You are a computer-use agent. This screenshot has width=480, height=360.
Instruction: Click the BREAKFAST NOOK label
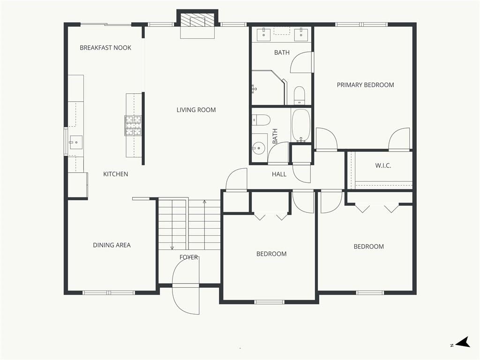pos(105,48)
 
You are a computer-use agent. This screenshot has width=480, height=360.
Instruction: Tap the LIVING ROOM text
pos(196,110)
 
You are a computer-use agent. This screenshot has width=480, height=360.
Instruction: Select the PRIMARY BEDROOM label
pos(365,85)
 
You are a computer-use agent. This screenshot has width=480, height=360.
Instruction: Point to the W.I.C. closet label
pos(383,165)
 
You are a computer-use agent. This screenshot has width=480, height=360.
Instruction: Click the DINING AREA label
pos(112,245)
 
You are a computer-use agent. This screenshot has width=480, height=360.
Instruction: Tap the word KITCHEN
pos(115,174)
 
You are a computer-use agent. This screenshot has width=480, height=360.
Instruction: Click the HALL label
pos(279,174)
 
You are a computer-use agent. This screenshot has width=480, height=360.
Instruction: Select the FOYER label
pos(188,257)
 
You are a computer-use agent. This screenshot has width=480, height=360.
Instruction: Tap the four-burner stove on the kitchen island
pos(133,126)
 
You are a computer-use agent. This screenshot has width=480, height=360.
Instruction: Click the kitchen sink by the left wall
pos(75,142)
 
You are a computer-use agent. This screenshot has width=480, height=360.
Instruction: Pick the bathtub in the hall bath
pos(301,126)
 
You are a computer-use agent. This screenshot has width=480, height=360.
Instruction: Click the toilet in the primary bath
pos(299,95)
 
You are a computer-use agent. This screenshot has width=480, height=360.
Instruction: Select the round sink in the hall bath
pos(259,149)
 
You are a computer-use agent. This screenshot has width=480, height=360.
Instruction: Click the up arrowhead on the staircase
pos(204,202)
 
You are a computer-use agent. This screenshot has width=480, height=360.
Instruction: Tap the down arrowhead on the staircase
pos(172,247)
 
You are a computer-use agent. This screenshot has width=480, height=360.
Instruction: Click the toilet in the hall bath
pos(261,120)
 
